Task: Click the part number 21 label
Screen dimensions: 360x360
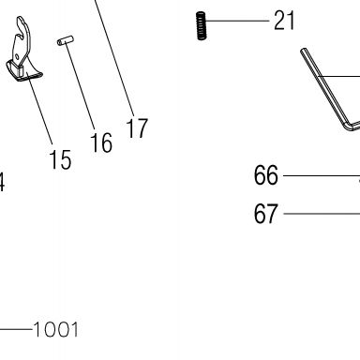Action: pyautogui.click(x=284, y=21)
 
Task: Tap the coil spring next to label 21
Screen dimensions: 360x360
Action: pyautogui.click(x=202, y=26)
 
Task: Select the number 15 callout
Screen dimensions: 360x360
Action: pyautogui.click(x=60, y=159)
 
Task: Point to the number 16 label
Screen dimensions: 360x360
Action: pyautogui.click(x=101, y=142)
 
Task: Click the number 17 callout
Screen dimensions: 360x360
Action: pyautogui.click(x=137, y=128)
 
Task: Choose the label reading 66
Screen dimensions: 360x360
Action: pyautogui.click(x=265, y=175)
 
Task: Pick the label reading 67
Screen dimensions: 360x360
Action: pyautogui.click(x=265, y=214)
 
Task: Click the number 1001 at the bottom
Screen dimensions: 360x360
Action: pyautogui.click(x=55, y=330)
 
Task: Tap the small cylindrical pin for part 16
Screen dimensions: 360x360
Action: pyautogui.click(x=66, y=40)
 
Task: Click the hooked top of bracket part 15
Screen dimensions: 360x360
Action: pyautogui.click(x=22, y=26)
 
